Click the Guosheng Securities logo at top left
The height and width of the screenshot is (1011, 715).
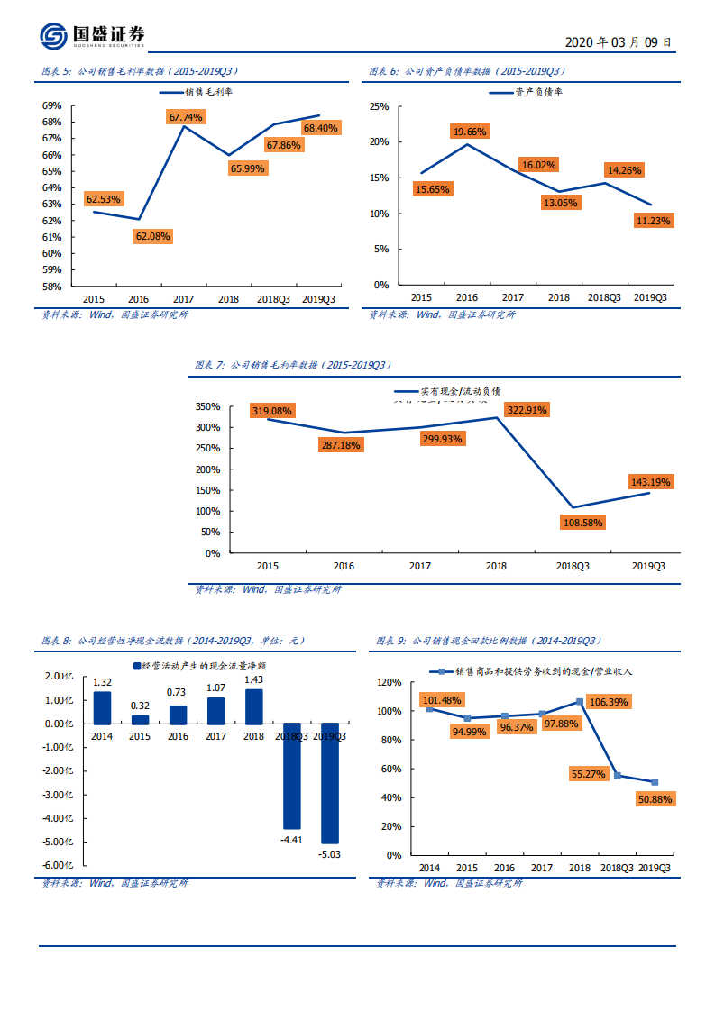pyautogui.click(x=92, y=36)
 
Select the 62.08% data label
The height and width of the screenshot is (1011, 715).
pyautogui.click(x=152, y=236)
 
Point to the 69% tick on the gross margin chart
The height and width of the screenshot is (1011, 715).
pyautogui.click(x=51, y=105)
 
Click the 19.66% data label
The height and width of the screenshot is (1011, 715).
pyautogui.click(x=469, y=132)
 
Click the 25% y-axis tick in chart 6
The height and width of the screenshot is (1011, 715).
pyautogui.click(x=380, y=106)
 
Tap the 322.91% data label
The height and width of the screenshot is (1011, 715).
pyautogui.click(x=527, y=410)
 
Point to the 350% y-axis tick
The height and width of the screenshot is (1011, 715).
pyautogui.click(x=207, y=406)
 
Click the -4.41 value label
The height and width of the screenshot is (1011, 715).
pyautogui.click(x=291, y=840)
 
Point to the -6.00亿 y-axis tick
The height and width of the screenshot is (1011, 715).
pyautogui.click(x=59, y=865)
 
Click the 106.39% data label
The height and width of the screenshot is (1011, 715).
pyautogui.click(x=608, y=701)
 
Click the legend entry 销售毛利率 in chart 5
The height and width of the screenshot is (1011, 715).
pyautogui.click(x=208, y=92)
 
